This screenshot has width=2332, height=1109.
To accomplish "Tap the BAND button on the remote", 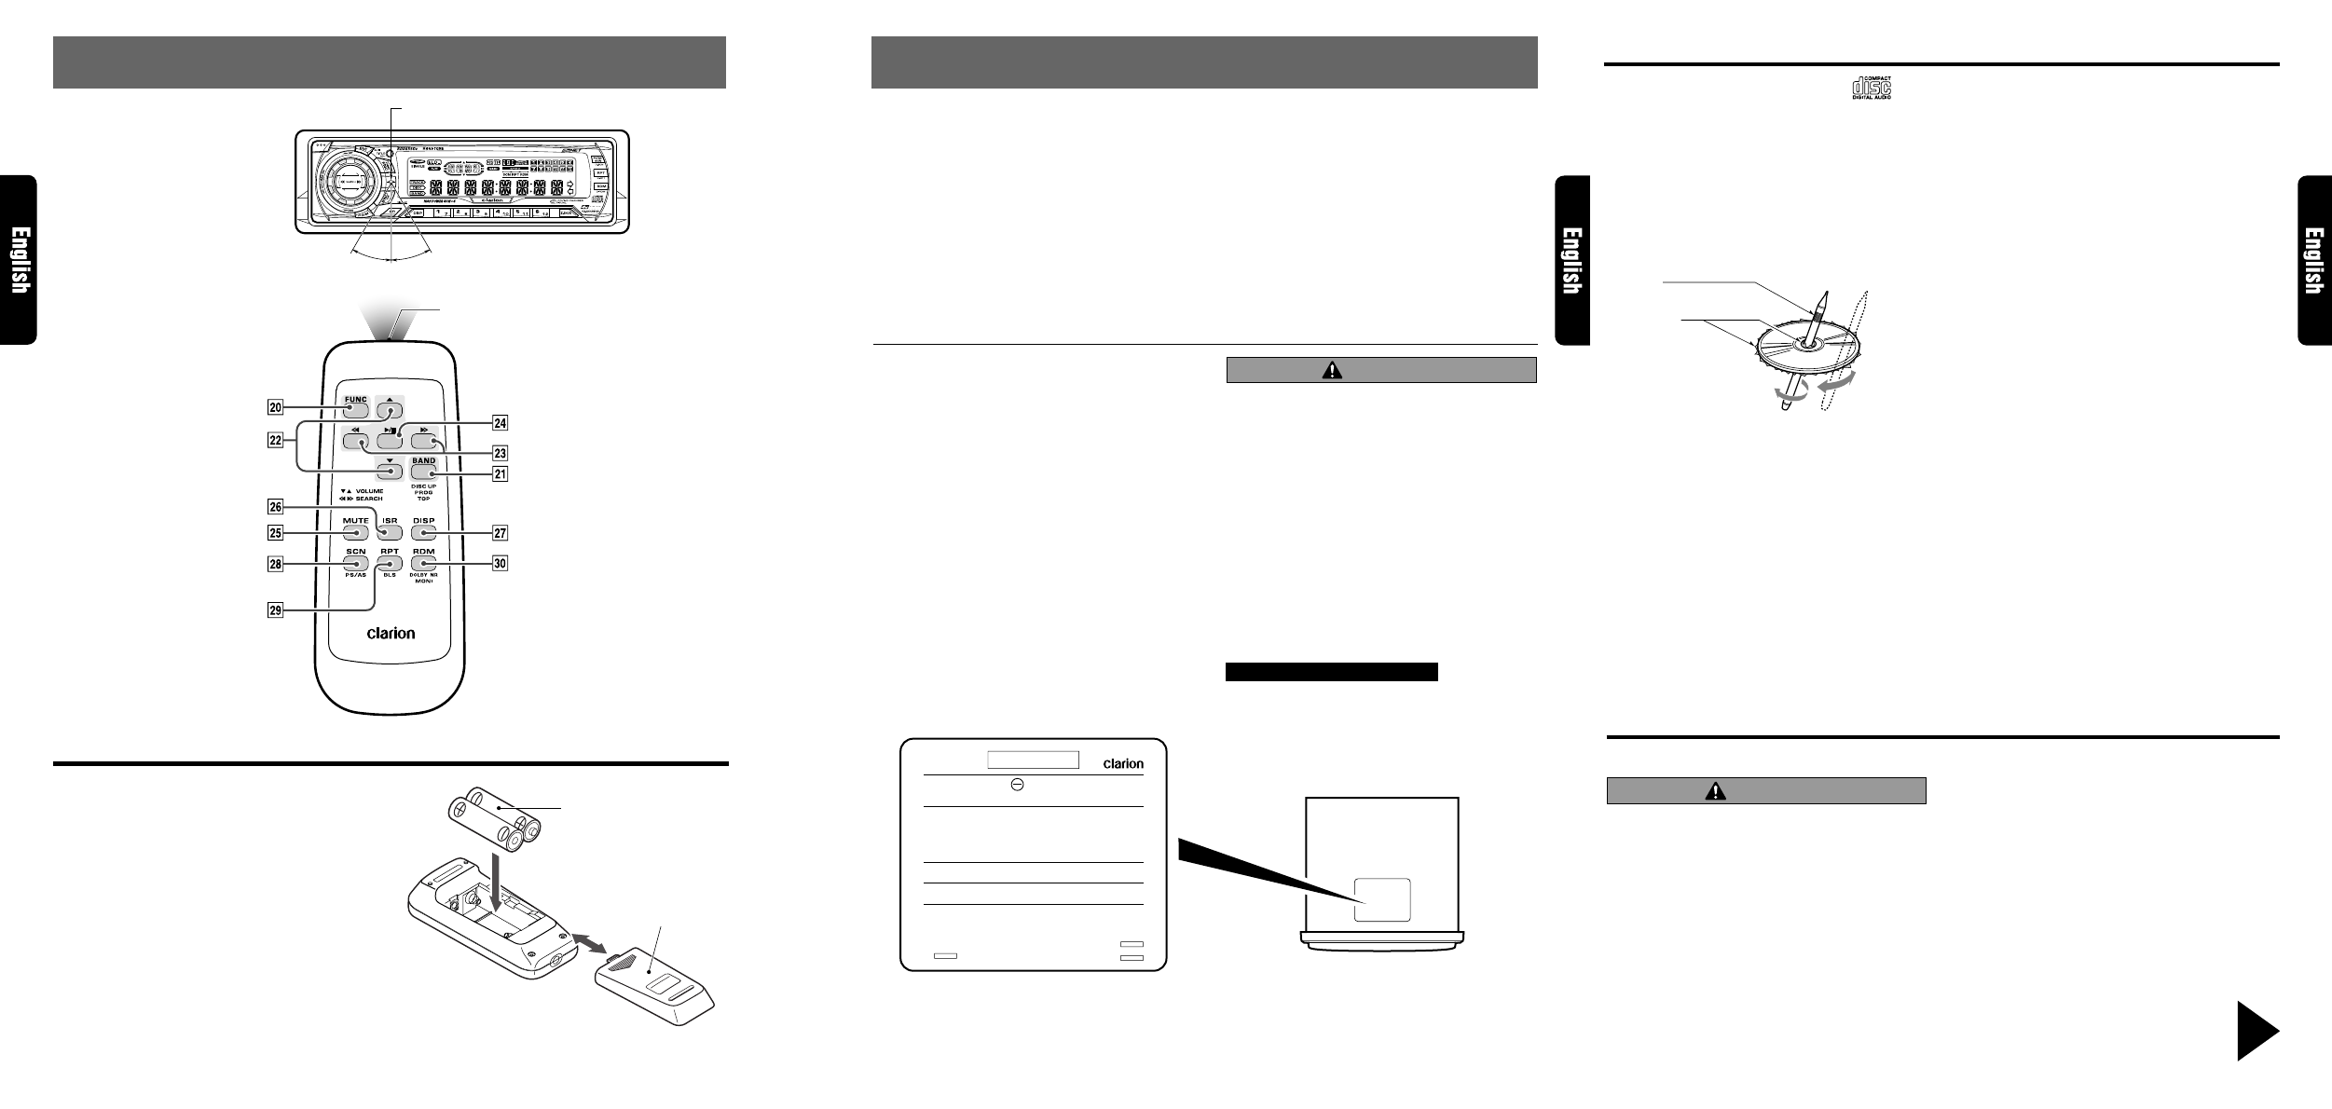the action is (x=423, y=472).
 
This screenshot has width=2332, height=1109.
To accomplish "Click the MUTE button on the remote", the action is (x=355, y=533).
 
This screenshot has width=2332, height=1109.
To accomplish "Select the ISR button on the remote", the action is (x=390, y=533).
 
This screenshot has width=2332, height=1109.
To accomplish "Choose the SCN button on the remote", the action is (x=355, y=563).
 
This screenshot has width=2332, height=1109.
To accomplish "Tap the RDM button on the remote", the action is (x=424, y=563).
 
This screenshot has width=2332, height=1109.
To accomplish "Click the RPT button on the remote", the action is (x=390, y=563).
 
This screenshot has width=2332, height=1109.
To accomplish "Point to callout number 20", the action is (x=275, y=406).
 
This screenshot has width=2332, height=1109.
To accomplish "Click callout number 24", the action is (x=501, y=422).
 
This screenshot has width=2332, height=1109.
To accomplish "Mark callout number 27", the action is (x=501, y=533).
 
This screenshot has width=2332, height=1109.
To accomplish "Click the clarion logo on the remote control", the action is (x=391, y=633).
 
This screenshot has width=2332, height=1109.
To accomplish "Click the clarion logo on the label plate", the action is (x=1122, y=763).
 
